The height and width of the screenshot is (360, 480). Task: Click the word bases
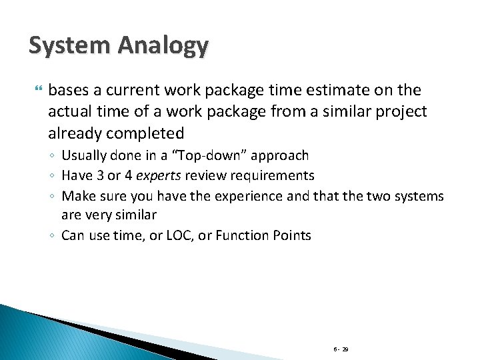[x=67, y=90]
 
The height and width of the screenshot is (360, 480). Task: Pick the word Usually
[x=86, y=156]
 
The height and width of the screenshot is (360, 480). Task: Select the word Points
[x=291, y=235]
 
